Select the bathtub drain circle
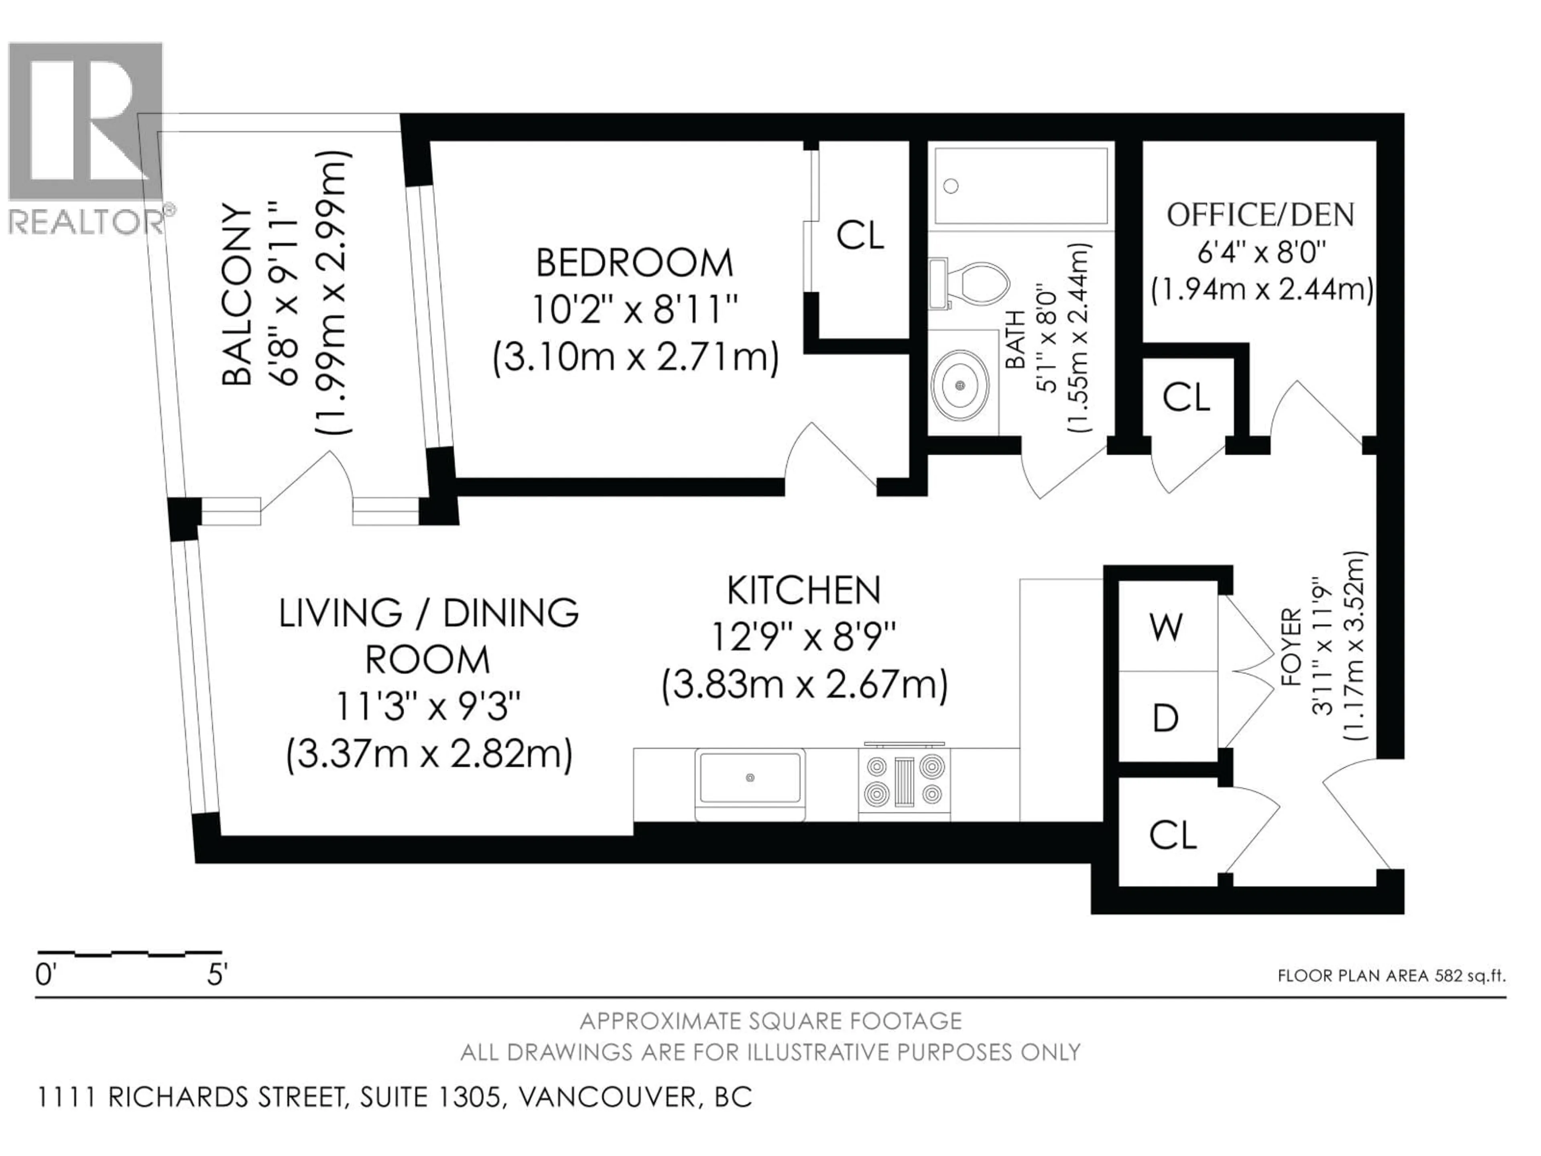click(x=951, y=186)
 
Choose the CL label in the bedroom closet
click(x=860, y=236)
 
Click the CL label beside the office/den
click(x=1186, y=398)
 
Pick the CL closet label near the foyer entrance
click(x=1173, y=835)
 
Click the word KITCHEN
click(x=804, y=591)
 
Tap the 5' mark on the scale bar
click(x=217, y=975)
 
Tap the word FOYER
click(x=1291, y=648)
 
